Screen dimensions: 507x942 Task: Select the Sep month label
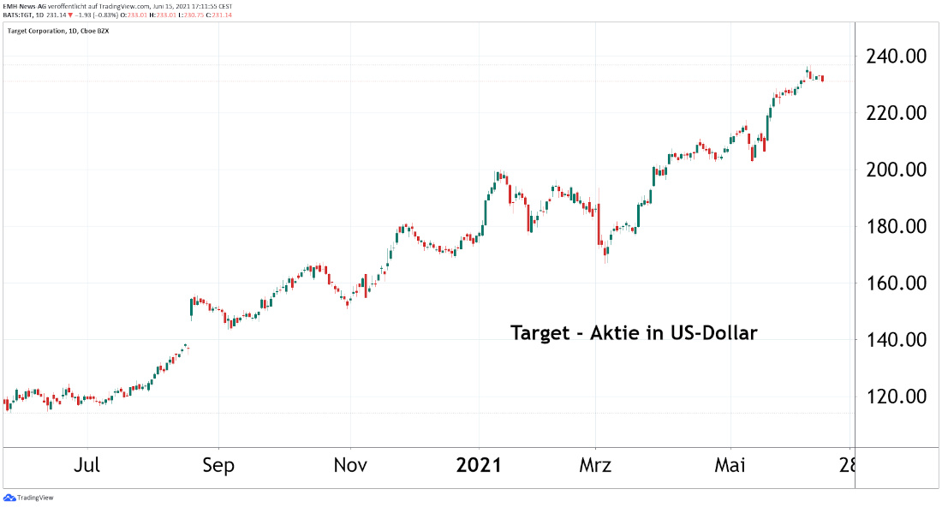point(218,466)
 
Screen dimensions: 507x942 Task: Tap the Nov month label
point(350,466)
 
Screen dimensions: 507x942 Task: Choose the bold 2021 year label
point(479,466)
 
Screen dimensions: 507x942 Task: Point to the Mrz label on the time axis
point(595,466)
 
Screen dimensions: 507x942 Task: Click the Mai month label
point(730,466)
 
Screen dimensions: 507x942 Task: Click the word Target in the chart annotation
point(540,333)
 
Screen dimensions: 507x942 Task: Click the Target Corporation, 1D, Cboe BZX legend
point(58,31)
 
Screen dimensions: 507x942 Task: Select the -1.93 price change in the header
point(82,15)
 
